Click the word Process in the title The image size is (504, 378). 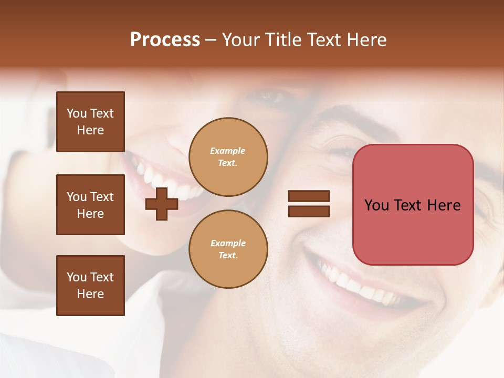coord(165,40)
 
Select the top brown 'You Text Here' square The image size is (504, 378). coord(90,122)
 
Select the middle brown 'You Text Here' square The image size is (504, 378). coord(90,205)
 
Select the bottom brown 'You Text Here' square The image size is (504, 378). coord(90,286)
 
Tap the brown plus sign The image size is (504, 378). coord(162,204)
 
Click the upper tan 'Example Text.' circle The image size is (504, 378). coord(228,157)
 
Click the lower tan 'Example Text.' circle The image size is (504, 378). coord(228,249)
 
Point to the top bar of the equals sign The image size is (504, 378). coord(309,196)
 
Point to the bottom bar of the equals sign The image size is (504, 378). coord(309,211)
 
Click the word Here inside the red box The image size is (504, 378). coord(444,205)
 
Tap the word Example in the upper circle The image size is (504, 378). coord(227,151)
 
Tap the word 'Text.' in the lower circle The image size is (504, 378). coord(228,256)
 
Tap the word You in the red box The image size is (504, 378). coord(376,205)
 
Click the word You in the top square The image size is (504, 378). coord(77,113)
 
